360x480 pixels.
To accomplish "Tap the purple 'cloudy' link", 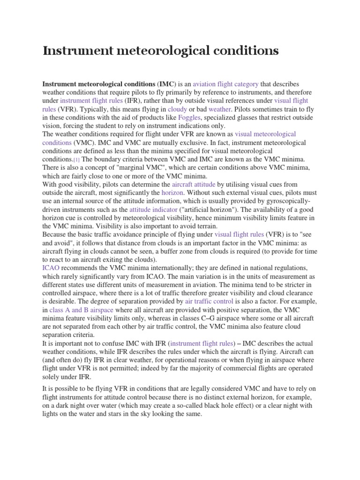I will click(x=177, y=109).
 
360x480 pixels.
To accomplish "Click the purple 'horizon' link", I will click(x=172, y=193).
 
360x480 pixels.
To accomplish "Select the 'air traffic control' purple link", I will click(x=209, y=301).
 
